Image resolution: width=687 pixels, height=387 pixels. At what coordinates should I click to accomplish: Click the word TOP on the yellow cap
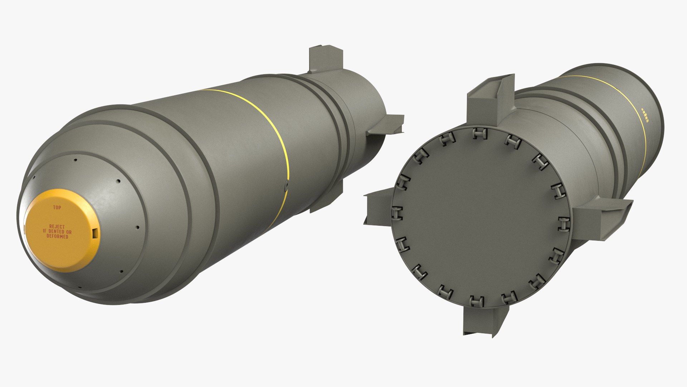[x=57, y=207]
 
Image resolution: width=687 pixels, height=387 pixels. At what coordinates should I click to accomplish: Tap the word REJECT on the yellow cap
[x=57, y=227]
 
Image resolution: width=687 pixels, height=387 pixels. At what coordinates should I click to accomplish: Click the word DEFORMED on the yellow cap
[x=57, y=236]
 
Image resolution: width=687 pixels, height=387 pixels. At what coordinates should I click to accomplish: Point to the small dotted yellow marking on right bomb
[x=645, y=115]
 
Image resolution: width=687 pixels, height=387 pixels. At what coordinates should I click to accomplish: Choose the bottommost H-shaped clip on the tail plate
[x=477, y=302]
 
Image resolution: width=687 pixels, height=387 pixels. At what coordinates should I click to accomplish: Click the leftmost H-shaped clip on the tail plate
[x=396, y=212]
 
